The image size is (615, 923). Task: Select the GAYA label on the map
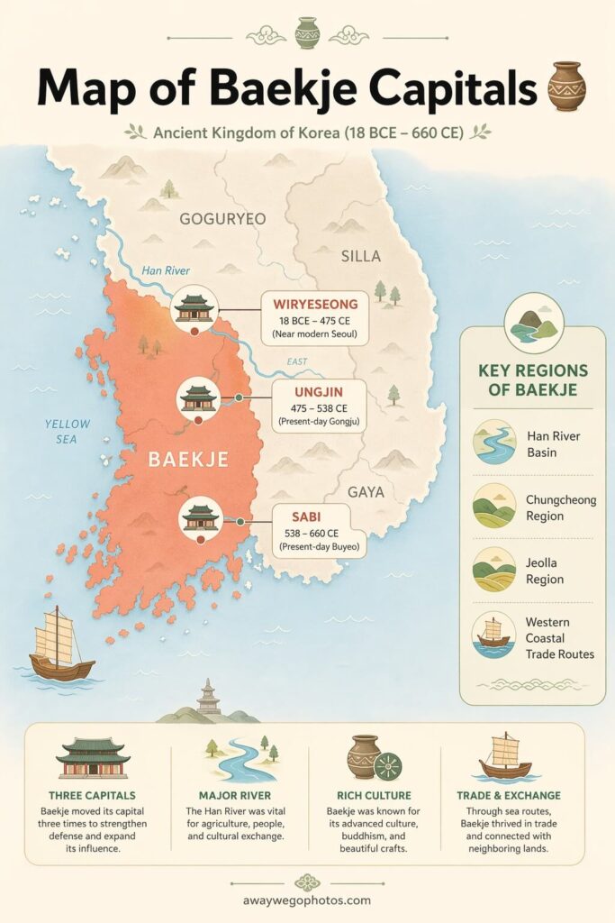point(366,492)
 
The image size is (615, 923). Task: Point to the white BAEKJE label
point(187,459)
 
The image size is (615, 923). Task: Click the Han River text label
point(165,270)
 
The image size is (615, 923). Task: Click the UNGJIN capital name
point(318,393)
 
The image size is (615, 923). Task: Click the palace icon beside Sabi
point(201,517)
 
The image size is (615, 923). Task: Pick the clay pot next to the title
point(566,87)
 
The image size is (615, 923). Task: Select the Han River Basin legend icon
point(494,442)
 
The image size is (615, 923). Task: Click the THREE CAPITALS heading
point(93,796)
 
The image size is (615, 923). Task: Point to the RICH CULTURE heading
point(374,796)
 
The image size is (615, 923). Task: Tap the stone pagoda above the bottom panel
point(209,697)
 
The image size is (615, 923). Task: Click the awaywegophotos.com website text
point(307,899)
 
